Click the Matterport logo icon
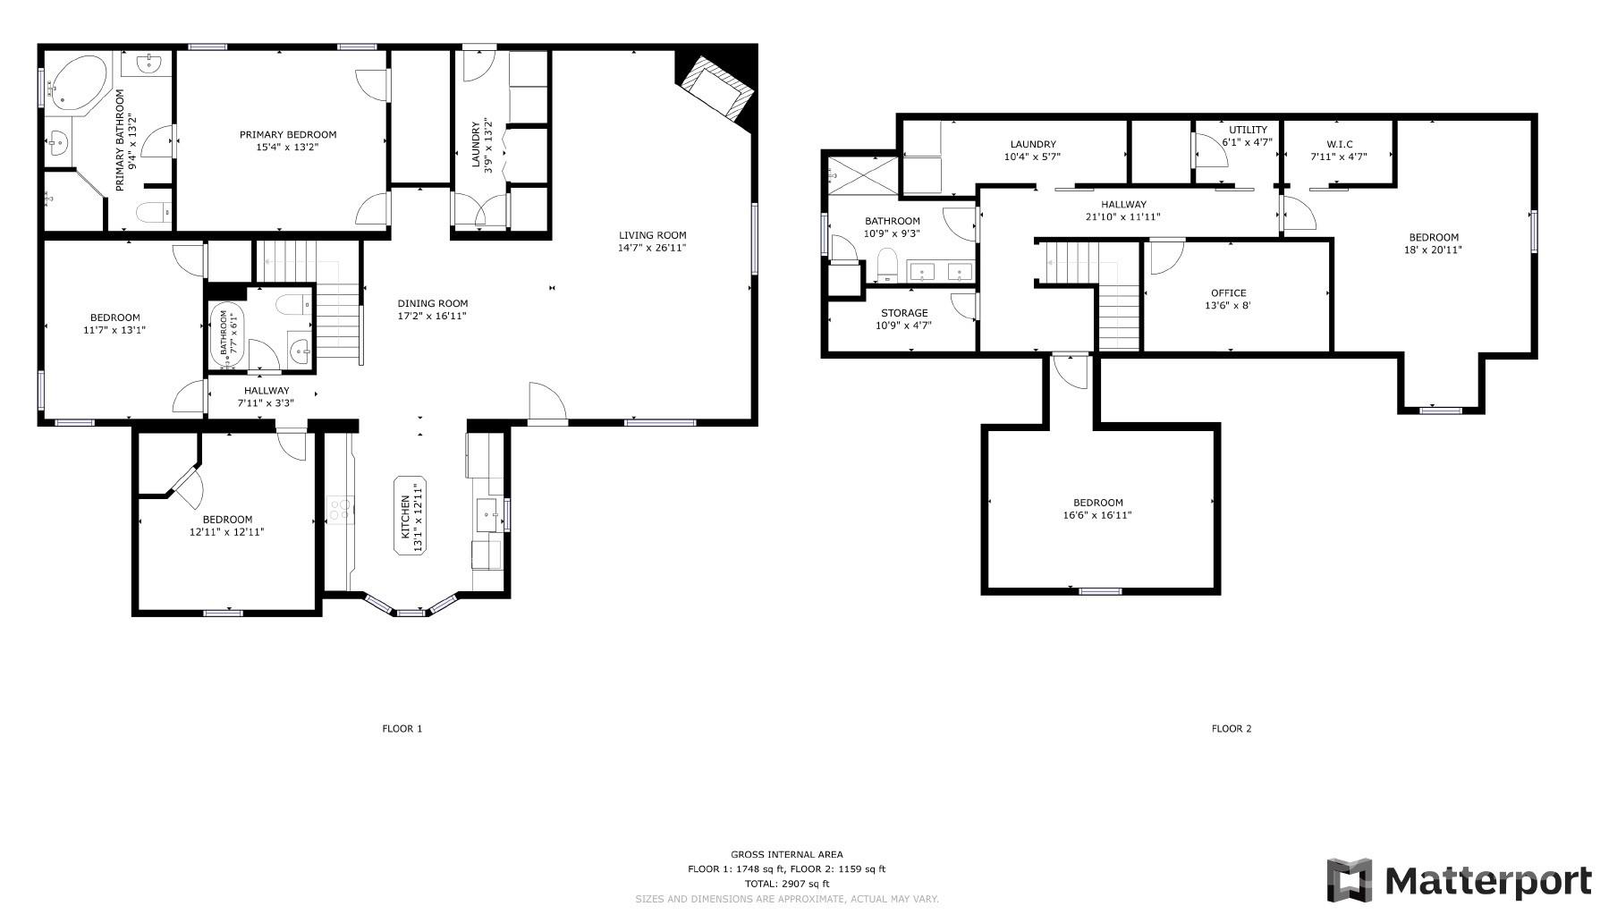(x=1349, y=880)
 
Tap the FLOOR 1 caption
(x=402, y=729)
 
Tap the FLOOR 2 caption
(x=1232, y=729)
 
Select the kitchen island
(x=410, y=515)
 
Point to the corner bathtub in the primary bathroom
(x=75, y=83)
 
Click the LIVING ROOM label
(x=653, y=235)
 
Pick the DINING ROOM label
(x=433, y=303)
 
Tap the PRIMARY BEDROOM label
(x=288, y=135)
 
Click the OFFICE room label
(x=1228, y=293)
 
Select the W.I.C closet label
(x=1339, y=144)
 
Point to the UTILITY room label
(x=1248, y=130)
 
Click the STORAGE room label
(x=904, y=313)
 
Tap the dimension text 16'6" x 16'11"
(x=1098, y=515)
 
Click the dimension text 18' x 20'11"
(x=1434, y=250)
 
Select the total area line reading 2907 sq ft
(x=787, y=884)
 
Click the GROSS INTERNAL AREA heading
(x=787, y=854)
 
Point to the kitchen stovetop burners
(x=340, y=511)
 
